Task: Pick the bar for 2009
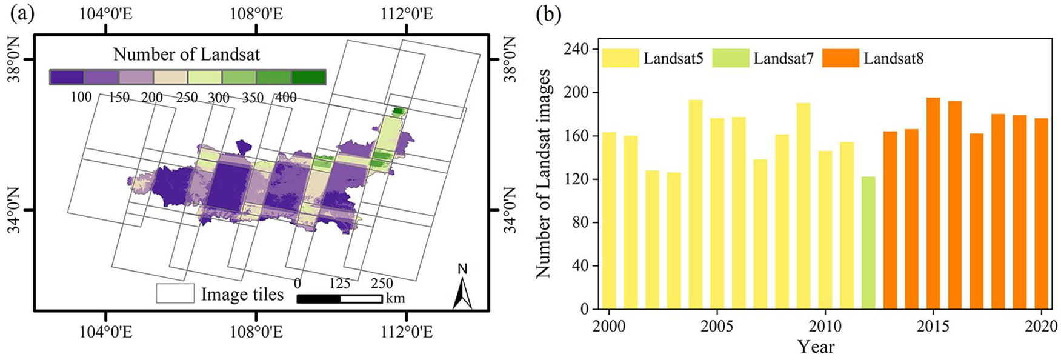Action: tap(803, 206)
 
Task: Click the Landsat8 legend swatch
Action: tap(840, 58)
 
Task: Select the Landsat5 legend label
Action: tap(673, 59)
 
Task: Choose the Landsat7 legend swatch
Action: tap(730, 58)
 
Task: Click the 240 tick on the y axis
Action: tap(576, 49)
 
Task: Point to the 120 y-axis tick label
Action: tap(576, 179)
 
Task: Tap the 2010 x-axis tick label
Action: tap(825, 326)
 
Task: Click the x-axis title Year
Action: tap(816, 347)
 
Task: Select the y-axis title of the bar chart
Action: tap(544, 173)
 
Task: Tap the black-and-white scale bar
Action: tap(339, 299)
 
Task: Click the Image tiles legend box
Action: tap(175, 293)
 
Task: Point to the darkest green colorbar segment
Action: tap(308, 77)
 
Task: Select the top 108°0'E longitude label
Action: tap(256, 13)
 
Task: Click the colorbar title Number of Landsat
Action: tap(187, 55)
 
